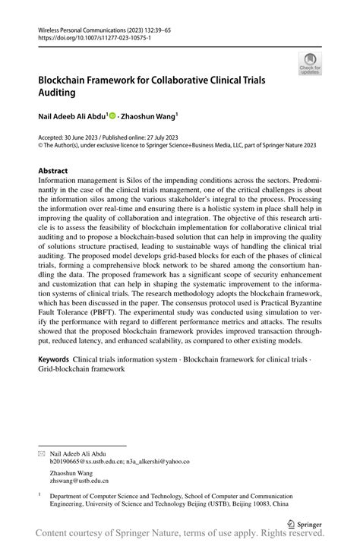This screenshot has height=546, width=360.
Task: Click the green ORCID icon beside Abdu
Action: pyautogui.click(x=112, y=116)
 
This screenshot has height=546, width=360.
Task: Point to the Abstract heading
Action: pyautogui.click(x=52, y=171)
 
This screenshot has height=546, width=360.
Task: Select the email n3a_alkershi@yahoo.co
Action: pyautogui.click(x=160, y=461)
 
